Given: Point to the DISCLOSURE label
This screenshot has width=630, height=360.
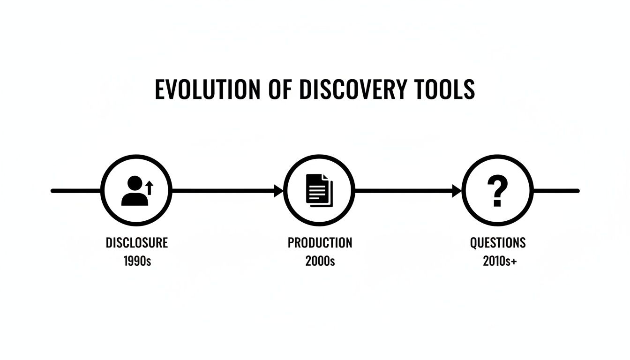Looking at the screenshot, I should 136,243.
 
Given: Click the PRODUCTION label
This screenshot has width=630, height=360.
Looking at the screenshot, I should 320,243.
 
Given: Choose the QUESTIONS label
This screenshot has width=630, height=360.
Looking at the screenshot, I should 498,243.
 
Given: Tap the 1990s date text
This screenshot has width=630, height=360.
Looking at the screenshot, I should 137,261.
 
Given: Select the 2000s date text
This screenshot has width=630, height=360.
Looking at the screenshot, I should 320,261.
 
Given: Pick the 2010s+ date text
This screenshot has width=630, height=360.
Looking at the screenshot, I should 499,261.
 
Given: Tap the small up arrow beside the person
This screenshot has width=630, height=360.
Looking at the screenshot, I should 150,188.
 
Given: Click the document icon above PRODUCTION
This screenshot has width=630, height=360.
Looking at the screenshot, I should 319,190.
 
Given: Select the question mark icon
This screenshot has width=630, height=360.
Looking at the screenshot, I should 497,191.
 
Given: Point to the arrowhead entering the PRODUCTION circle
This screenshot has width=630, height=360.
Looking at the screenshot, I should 279,191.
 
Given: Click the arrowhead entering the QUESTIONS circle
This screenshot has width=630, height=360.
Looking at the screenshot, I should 457,191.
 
